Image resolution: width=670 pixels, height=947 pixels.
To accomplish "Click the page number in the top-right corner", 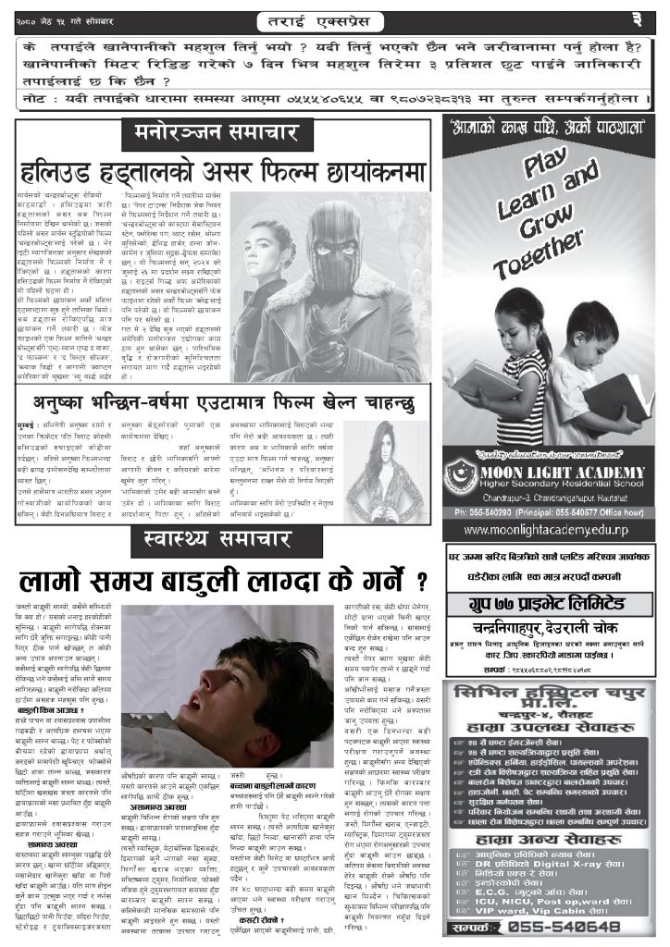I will coord(650,18).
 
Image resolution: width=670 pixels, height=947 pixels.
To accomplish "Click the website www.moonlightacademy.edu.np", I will coord(549,529).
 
